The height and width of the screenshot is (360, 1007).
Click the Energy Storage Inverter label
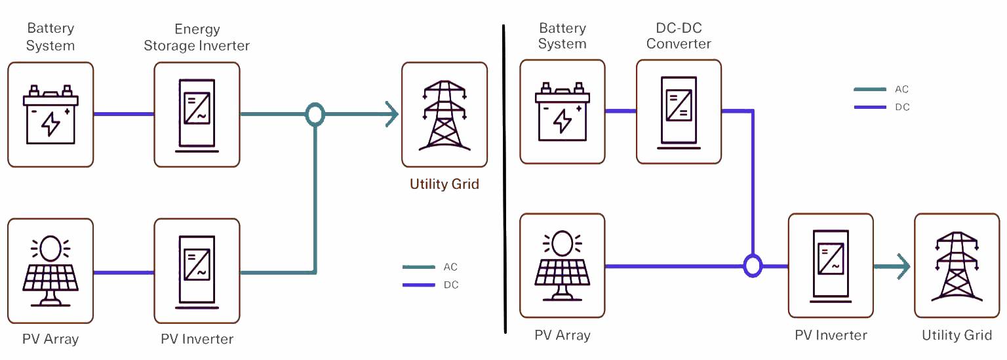tap(197, 37)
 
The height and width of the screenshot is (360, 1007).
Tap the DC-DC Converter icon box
tap(679, 111)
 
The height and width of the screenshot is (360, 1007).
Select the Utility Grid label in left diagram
tap(444, 184)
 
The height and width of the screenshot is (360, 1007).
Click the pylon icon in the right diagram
tap(957, 266)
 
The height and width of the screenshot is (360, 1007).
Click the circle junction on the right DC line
tap(753, 266)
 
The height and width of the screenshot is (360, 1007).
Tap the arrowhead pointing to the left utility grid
tap(391, 115)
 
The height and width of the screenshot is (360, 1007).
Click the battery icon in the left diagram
tap(50, 115)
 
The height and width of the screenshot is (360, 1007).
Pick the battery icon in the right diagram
tap(562, 112)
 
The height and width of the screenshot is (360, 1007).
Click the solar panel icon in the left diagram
tap(50, 271)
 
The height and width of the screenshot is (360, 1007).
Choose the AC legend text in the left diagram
tap(450, 267)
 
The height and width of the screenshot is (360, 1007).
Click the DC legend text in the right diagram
tap(902, 107)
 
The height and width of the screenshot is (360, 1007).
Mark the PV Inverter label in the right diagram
tap(831, 335)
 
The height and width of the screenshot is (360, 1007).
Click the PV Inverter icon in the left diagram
tap(197, 271)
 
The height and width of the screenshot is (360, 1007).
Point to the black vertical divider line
tap(504, 177)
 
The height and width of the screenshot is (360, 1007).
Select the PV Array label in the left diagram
tap(50, 339)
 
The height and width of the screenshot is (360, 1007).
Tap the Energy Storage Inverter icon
tap(197, 115)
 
